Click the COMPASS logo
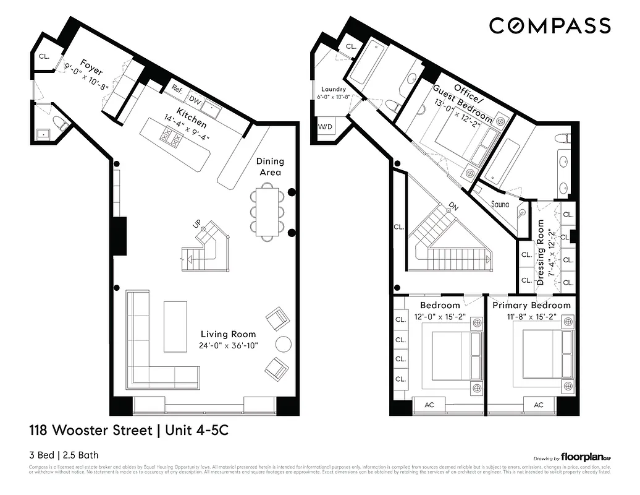[550, 25]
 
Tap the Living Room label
[227, 334]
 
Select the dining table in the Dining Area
[266, 213]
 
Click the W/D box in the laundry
[324, 126]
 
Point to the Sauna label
[503, 204]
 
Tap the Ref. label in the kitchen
[177, 88]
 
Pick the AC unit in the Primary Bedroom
[538, 404]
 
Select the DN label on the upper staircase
[453, 206]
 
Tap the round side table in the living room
[283, 343]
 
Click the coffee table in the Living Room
[175, 326]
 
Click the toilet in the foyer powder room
[60, 121]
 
